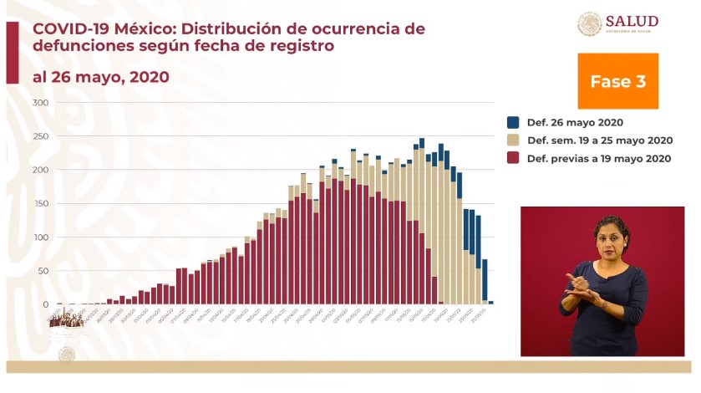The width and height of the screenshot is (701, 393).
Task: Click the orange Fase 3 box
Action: pos(617,81)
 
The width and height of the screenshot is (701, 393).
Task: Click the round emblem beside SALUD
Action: pos(589,23)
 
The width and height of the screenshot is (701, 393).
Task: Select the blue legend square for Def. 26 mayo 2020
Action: pos(513,122)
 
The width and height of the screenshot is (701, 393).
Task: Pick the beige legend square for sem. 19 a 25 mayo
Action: pos(513,140)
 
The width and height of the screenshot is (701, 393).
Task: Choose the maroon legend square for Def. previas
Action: pos(513,158)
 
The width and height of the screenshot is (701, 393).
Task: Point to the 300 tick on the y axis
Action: pos(40,103)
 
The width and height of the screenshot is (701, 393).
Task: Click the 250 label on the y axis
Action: pos(40,136)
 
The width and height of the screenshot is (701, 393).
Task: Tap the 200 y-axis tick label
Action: pos(40,170)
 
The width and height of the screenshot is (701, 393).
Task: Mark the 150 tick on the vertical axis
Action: pos(40,203)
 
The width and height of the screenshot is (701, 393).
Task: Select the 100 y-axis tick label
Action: pos(40,237)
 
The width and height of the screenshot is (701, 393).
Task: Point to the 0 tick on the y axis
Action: pos(46,304)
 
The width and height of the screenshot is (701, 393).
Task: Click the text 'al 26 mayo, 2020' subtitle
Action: pos(100,77)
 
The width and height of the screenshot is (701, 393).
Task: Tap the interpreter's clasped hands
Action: pos(584,283)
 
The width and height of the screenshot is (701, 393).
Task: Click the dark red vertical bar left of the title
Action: pos(12,53)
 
